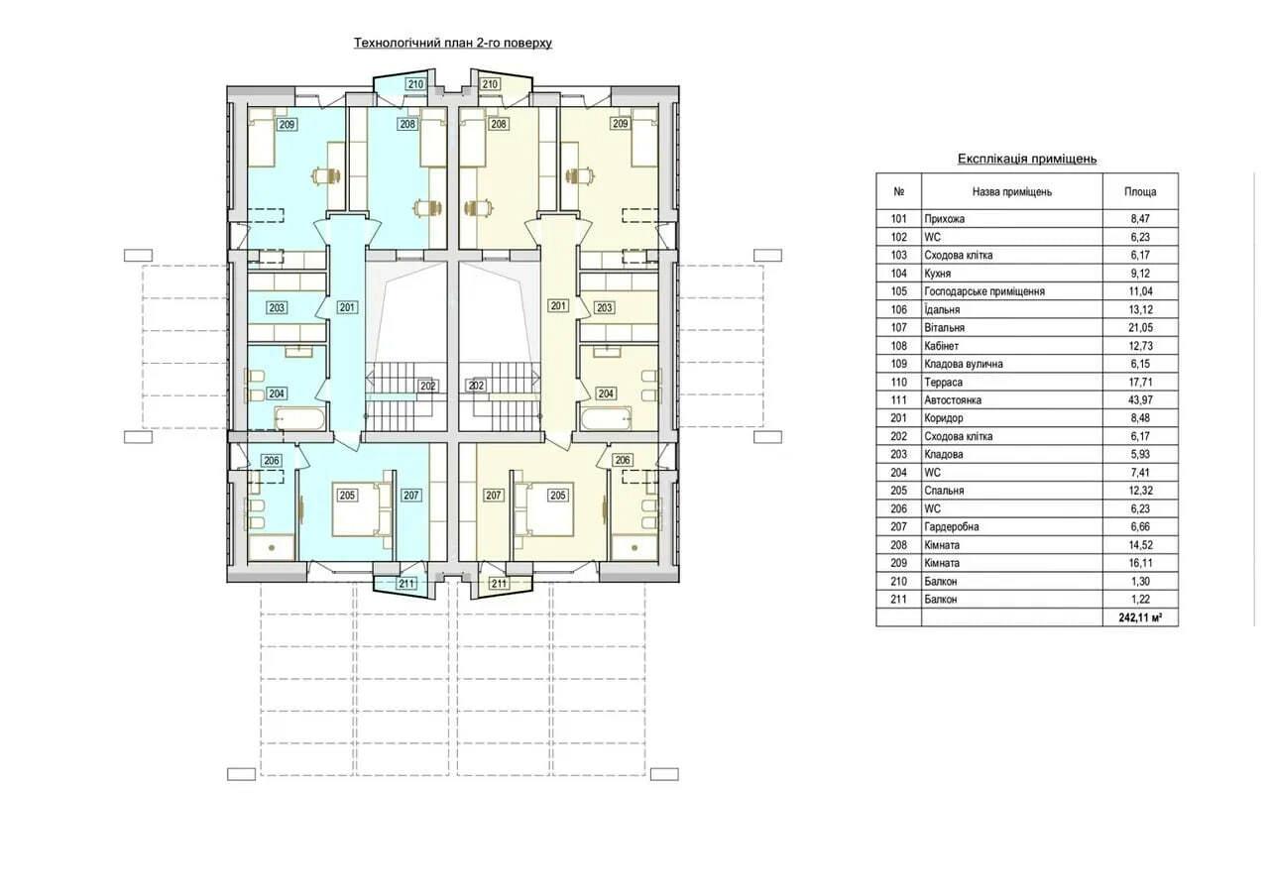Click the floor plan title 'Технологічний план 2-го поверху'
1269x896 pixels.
point(453,43)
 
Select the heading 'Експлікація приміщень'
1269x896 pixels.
point(1027,159)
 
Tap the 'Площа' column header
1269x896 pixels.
point(1140,192)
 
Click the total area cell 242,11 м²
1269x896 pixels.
point(1140,617)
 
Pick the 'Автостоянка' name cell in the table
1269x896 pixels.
point(953,399)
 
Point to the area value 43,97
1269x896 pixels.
point(1140,399)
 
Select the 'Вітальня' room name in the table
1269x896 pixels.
point(944,327)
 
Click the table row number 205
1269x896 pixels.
point(898,491)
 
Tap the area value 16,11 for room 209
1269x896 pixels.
point(1140,563)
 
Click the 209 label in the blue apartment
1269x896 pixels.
point(288,124)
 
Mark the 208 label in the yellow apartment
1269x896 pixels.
point(499,124)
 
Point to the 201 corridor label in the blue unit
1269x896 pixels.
point(347,307)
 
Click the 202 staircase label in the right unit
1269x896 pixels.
point(476,386)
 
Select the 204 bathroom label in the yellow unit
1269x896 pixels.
point(606,393)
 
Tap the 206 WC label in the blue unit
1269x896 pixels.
point(272,461)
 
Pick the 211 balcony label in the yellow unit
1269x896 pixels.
point(499,584)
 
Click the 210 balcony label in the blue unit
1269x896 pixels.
point(415,84)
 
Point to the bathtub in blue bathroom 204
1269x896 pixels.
point(299,419)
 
